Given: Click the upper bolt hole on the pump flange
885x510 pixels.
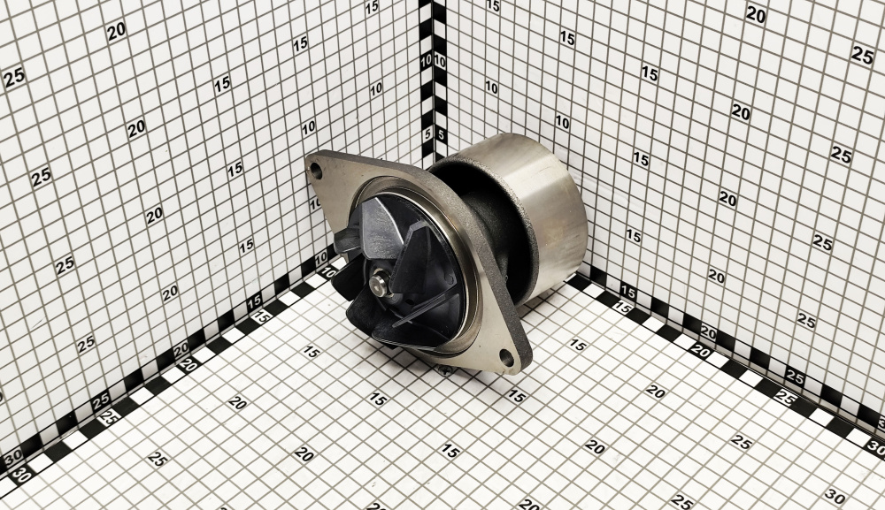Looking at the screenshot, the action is pyautogui.click(x=317, y=171).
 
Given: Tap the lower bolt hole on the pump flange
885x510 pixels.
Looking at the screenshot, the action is pyautogui.click(x=507, y=358).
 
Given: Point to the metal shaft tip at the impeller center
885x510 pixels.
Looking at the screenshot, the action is pyautogui.click(x=379, y=280).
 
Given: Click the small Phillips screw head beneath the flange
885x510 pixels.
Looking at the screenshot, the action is pyautogui.click(x=445, y=369).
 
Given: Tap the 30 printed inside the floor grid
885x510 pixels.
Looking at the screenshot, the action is pyautogui.click(x=835, y=497).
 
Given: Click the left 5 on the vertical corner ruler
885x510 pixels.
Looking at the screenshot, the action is pyautogui.click(x=427, y=134).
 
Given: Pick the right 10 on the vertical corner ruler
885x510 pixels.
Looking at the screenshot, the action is pyautogui.click(x=440, y=61).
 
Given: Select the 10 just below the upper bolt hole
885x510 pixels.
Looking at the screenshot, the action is pyautogui.click(x=314, y=204).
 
